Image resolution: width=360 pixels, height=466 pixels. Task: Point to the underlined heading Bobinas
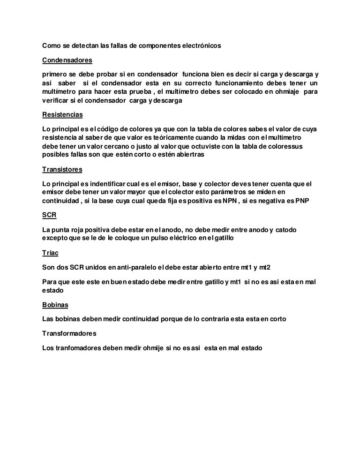coord(55,305)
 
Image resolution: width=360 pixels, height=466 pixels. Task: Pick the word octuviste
coord(209,147)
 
